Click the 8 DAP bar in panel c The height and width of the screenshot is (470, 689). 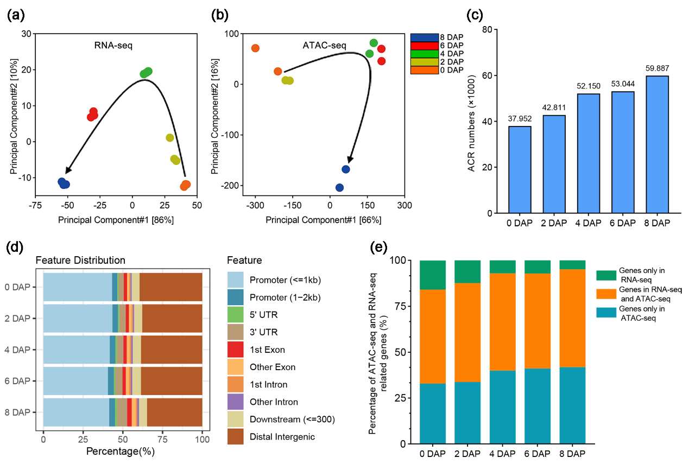(656, 144)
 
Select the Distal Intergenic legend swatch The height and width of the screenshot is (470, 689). (235, 436)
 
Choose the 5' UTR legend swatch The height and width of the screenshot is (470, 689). (235, 315)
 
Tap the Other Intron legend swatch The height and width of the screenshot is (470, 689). (235, 402)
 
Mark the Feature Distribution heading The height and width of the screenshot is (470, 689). (80, 261)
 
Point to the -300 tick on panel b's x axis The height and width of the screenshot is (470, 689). (255, 206)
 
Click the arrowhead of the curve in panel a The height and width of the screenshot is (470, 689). (66, 171)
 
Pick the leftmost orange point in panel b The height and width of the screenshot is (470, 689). (255, 48)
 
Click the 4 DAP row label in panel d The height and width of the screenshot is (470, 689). (20, 350)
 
